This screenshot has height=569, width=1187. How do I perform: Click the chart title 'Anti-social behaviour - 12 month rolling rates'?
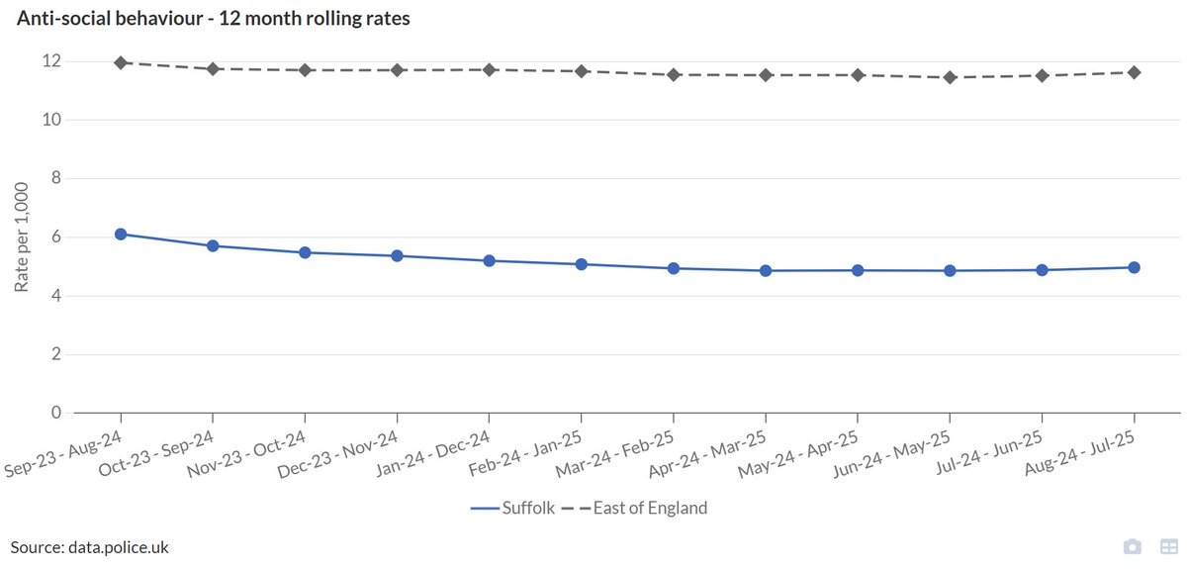pyautogui.click(x=213, y=19)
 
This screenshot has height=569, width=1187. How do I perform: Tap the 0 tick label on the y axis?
pyautogui.click(x=57, y=413)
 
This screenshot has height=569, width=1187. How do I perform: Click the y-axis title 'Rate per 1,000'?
pyautogui.click(x=22, y=237)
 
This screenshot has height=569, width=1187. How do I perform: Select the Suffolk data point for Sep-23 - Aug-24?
pyautogui.click(x=121, y=235)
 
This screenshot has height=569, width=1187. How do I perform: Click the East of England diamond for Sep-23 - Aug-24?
pyautogui.click(x=121, y=62)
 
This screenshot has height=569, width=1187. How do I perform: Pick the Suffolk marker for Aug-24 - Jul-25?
pyautogui.click(x=1134, y=267)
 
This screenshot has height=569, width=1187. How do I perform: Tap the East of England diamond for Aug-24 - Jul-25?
pyautogui.click(x=1134, y=72)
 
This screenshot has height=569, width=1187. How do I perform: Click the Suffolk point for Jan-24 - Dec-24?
pyautogui.click(x=489, y=260)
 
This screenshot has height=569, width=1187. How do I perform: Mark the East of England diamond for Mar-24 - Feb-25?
pyautogui.click(x=673, y=74)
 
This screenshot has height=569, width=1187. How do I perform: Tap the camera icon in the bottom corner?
pyautogui.click(x=1133, y=547)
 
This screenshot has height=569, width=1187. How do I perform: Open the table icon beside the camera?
pyautogui.click(x=1168, y=547)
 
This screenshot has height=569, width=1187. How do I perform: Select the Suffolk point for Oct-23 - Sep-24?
pyautogui.click(x=212, y=245)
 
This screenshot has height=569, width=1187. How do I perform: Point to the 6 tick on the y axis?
pyautogui.click(x=57, y=237)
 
